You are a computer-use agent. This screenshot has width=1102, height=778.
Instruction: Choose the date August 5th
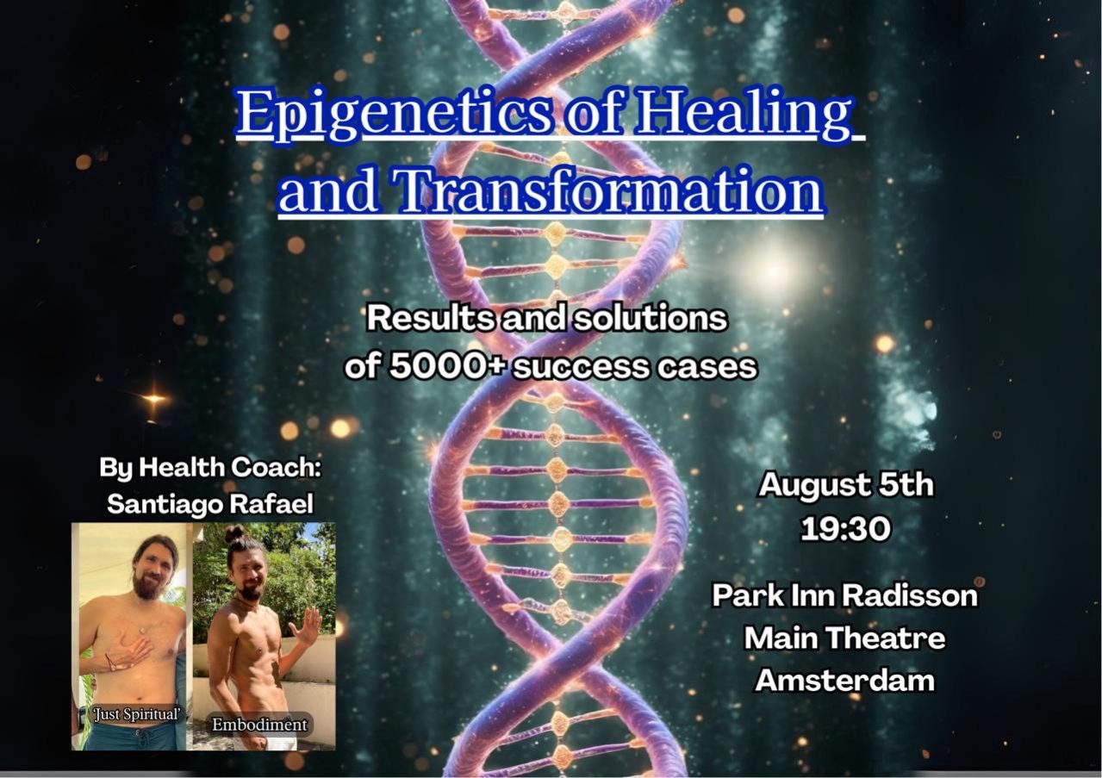pos(845,485)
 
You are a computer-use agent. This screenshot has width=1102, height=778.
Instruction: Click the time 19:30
pos(845,528)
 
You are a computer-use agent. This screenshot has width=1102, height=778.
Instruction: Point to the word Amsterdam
pos(845,681)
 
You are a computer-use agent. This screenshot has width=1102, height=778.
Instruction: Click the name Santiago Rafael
pos(209,504)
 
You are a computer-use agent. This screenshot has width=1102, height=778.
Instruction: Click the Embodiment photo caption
pos(259,725)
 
